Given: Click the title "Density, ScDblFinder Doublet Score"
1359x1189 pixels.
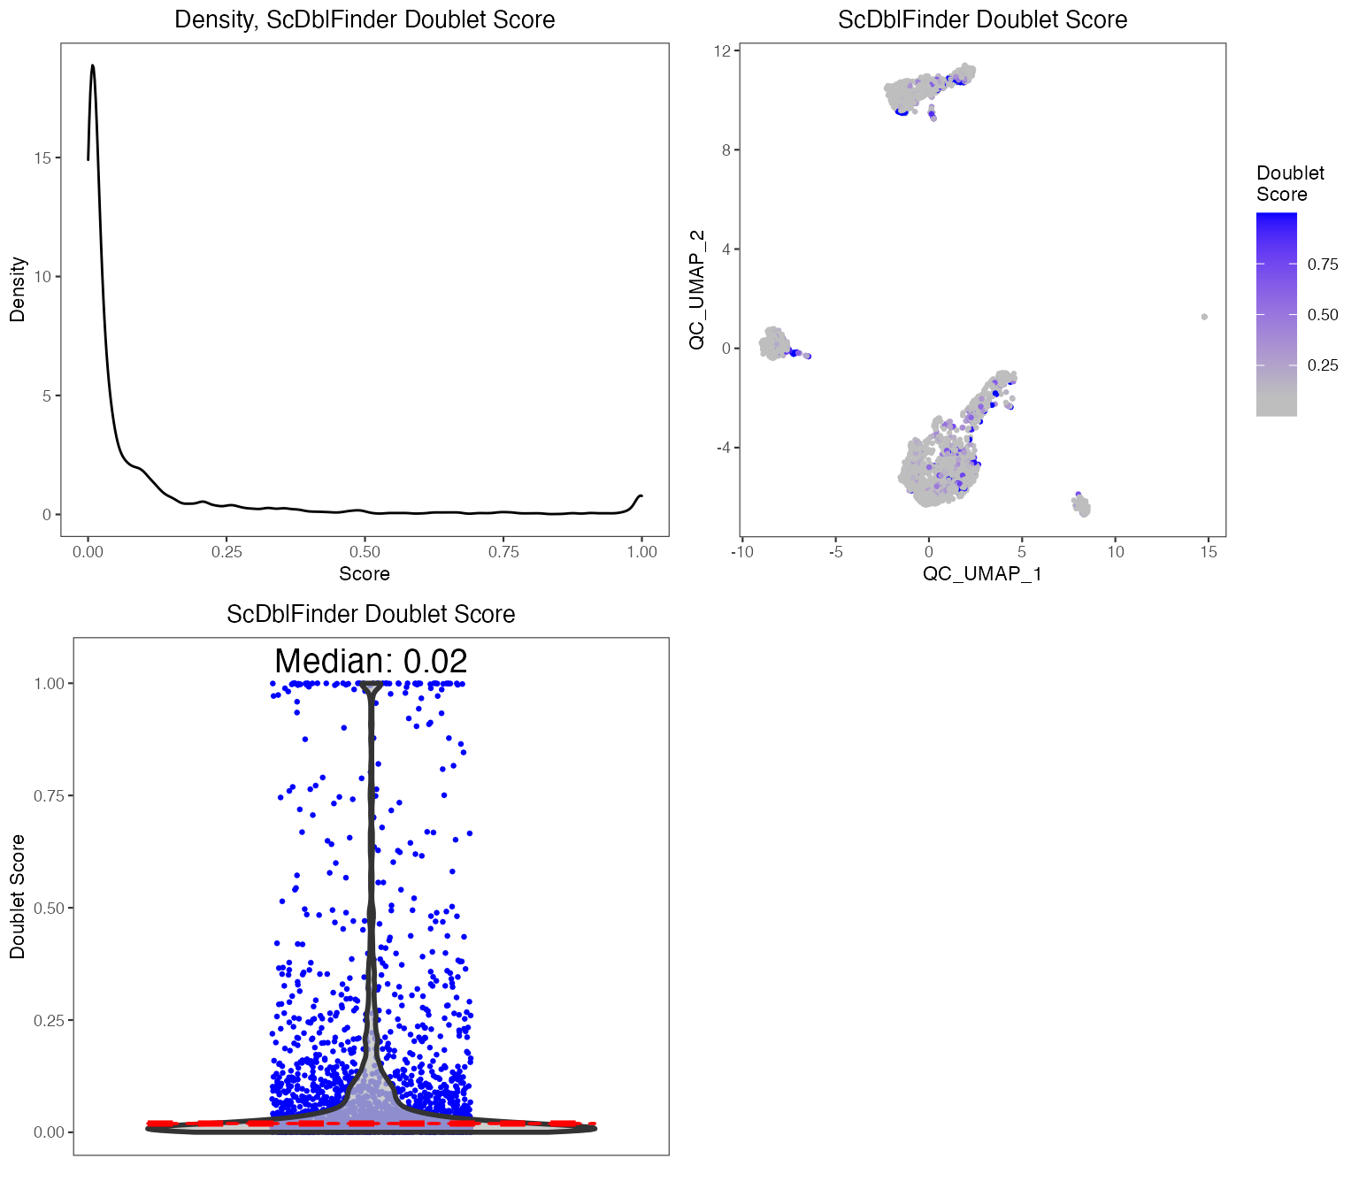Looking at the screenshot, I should (x=365, y=19).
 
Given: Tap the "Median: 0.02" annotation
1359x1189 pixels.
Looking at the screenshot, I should (x=371, y=661).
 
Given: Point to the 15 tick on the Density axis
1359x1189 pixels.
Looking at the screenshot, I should (x=42, y=158).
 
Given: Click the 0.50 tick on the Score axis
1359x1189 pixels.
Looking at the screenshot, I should (x=365, y=552).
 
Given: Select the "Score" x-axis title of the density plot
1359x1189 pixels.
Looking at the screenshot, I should (x=365, y=574).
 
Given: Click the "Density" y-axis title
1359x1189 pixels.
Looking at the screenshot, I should (x=18, y=289).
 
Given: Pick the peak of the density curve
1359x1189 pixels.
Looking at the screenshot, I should (x=92, y=65).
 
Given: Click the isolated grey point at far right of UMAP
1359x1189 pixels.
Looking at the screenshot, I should (x=1204, y=317).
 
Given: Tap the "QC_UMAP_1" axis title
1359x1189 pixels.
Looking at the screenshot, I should (x=982, y=574).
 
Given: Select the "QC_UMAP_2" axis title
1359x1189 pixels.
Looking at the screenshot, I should (x=697, y=289).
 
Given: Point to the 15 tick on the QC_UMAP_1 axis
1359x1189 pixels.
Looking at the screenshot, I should (x=1209, y=552).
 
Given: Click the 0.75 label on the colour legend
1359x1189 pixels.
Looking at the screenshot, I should (x=1323, y=265).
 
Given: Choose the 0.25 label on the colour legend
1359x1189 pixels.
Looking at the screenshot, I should (x=1323, y=365).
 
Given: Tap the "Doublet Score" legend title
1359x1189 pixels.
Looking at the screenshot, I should (x=1290, y=184).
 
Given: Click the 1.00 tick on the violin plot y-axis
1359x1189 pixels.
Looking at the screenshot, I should (x=50, y=684).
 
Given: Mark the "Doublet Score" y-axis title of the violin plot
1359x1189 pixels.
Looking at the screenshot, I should (x=18, y=896).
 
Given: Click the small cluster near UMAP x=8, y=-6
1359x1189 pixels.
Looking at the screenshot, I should (x=1081, y=505).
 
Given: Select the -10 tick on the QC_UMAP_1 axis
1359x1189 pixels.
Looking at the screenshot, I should (x=741, y=552).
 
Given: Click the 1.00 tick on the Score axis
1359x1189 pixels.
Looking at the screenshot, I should (x=641, y=552).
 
